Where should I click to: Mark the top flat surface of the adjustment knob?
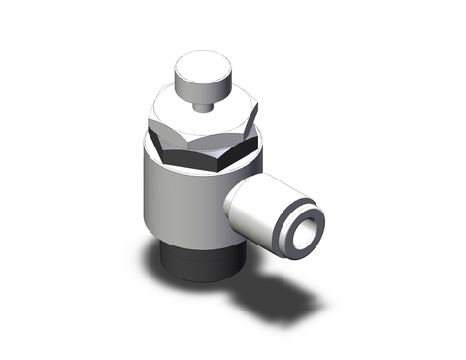[x=198, y=65]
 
